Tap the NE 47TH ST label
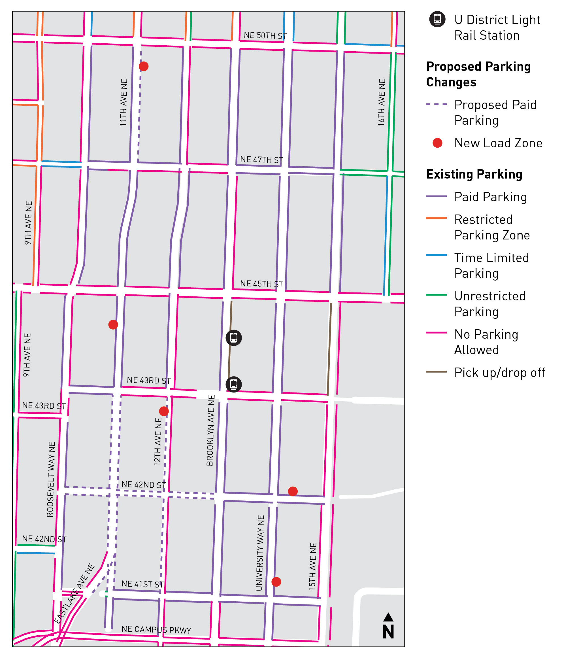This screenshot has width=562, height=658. (261, 160)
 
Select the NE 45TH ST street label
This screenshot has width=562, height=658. (261, 284)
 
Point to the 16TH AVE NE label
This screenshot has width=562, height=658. (381, 102)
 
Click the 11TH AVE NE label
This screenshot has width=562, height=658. (124, 102)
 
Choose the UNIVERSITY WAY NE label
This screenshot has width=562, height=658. (260, 553)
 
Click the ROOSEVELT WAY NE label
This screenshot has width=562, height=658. (51, 479)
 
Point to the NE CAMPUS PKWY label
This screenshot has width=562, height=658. (156, 629)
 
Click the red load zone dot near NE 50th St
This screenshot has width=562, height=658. (144, 66)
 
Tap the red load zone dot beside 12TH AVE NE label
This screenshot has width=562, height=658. (164, 411)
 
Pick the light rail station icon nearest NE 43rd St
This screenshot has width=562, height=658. (234, 384)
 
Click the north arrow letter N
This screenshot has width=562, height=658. (388, 632)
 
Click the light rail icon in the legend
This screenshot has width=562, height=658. (437, 19)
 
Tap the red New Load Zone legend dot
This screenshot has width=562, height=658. (437, 143)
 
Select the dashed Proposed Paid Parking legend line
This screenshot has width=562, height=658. (436, 104)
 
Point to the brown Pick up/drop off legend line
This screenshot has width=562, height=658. (436, 372)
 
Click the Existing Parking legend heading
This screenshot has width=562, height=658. (474, 174)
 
